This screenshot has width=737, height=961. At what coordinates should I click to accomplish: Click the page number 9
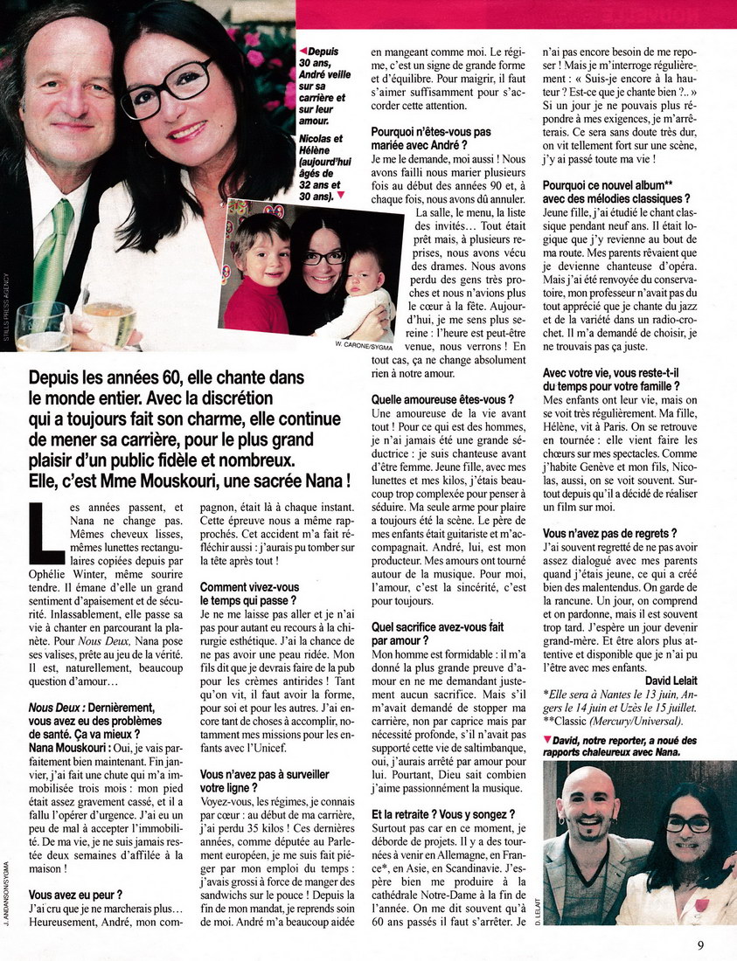tap(701, 944)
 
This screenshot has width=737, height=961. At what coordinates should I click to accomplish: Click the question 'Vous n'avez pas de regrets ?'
tap(608, 533)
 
